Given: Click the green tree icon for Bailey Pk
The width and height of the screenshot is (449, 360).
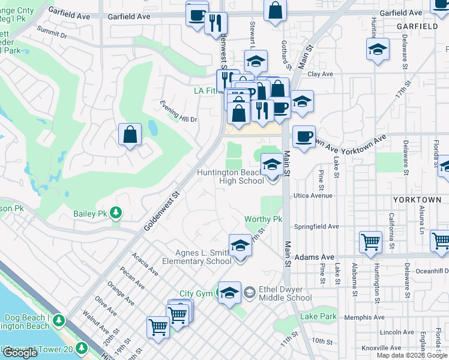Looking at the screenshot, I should pos(115,213).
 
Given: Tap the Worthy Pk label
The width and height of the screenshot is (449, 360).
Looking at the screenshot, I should pos(263,220).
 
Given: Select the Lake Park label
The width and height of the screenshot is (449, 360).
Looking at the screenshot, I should pos(318,316).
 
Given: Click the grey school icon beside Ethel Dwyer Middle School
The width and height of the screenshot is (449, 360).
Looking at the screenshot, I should pos(249,293).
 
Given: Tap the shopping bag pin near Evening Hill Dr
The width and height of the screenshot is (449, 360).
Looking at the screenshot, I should pos(130,135).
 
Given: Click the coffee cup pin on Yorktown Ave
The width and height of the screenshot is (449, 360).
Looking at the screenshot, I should pos(304,137).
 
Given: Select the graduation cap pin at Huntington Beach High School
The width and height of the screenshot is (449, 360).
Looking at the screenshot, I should pos(272,164).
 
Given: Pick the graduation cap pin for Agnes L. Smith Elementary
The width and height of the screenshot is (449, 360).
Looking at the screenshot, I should pos(240,246).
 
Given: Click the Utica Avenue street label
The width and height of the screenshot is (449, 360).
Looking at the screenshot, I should pos(313,196).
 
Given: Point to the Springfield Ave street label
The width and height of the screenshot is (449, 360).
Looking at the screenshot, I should pos(316,227).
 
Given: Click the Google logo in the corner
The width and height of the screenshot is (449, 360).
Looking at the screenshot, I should pos(20,352).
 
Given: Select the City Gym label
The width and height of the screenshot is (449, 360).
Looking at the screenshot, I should pos(196,293).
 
